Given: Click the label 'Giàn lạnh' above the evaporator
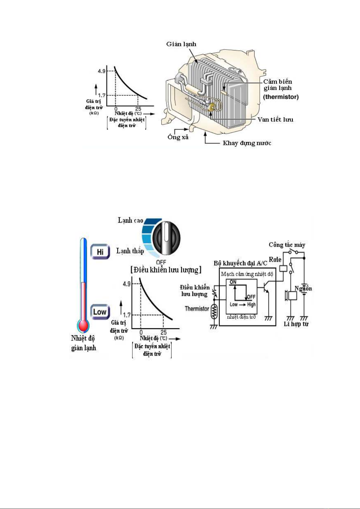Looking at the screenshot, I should coord(181,44).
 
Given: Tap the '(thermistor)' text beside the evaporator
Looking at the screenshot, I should coord(281,97).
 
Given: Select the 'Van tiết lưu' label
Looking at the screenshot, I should coord(275,120).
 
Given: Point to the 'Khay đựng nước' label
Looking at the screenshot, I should coord(247,143).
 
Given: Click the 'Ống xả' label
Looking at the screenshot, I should coord(178,137).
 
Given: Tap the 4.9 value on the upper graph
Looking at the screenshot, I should coord(101,71).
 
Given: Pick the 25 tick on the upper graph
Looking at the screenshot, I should coord(138,109).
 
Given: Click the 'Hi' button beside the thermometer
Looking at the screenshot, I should coord(100,252).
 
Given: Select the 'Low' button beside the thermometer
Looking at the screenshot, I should coord(100,312).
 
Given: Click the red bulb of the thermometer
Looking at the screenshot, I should coord(83,326).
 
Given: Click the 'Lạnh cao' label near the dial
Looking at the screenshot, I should coord(130,221).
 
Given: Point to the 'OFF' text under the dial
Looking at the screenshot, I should coord(161,262).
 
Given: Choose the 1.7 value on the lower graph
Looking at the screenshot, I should coord(127,315).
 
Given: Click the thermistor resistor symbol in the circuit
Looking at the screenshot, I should coord(214,311).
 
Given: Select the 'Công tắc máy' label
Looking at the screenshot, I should coord(287,245).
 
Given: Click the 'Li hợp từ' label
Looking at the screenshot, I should coord(296,324).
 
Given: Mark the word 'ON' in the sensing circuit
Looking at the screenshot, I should coord(233,282).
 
